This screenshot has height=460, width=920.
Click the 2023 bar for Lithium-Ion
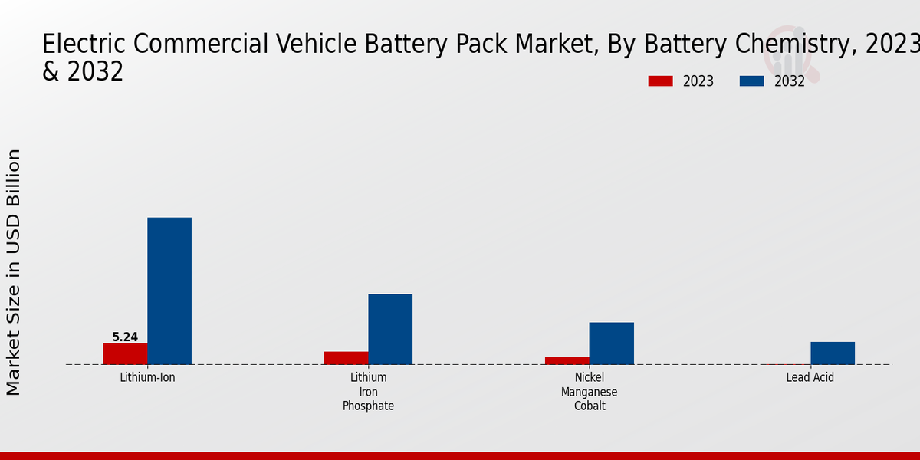(x=125, y=353)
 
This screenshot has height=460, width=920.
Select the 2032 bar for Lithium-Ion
(x=169, y=291)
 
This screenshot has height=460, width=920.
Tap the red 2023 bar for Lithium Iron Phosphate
(x=346, y=358)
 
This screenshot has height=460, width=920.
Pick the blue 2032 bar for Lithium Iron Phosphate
(x=390, y=329)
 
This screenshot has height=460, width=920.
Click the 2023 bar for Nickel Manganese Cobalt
(x=567, y=360)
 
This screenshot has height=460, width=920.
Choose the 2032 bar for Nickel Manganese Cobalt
(x=611, y=343)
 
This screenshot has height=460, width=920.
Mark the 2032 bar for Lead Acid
(x=832, y=353)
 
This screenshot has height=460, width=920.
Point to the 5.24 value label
(x=125, y=337)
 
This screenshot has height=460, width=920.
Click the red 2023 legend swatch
(x=660, y=81)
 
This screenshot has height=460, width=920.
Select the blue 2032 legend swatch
(x=751, y=81)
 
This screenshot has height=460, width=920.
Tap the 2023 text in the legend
(x=698, y=81)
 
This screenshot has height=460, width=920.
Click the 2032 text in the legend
(x=789, y=81)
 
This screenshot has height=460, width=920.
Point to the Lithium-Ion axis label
(x=147, y=378)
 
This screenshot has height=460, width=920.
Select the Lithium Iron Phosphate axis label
(x=368, y=392)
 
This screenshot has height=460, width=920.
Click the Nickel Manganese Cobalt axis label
(x=589, y=392)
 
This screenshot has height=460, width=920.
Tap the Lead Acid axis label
(x=810, y=378)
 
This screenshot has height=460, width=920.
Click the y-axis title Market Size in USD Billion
(x=14, y=272)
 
